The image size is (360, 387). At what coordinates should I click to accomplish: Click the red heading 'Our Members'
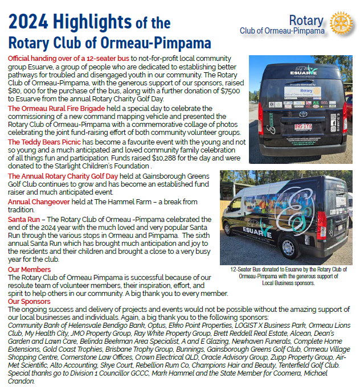[x=29, y=270]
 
